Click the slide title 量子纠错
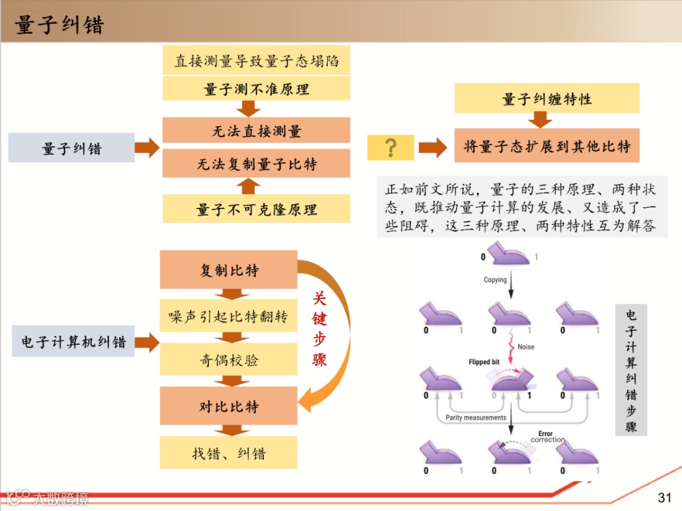pyautogui.click(x=59, y=26)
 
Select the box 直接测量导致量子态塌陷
pyautogui.click(x=256, y=61)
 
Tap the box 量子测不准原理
pyautogui.click(x=256, y=89)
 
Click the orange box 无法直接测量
pyautogui.click(x=256, y=131)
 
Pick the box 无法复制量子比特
pyautogui.click(x=256, y=164)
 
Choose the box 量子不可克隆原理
pyautogui.click(x=256, y=209)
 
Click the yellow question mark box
pyautogui.click(x=391, y=148)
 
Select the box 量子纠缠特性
pyautogui.click(x=547, y=99)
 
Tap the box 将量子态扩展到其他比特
pyautogui.click(x=547, y=147)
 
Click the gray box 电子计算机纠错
pyautogui.click(x=73, y=342)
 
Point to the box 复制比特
pyautogui.click(x=229, y=270)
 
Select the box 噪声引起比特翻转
pyautogui.click(x=229, y=316)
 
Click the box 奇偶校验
pyautogui.click(x=229, y=360)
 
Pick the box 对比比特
pyautogui.click(x=229, y=406)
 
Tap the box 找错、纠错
pyautogui.click(x=229, y=453)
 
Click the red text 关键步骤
pyautogui.click(x=320, y=329)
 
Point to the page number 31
pyautogui.click(x=664, y=497)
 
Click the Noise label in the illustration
pyautogui.click(x=525, y=347)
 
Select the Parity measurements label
pyautogui.click(x=476, y=418)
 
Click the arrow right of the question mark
pyautogui.click(x=433, y=148)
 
